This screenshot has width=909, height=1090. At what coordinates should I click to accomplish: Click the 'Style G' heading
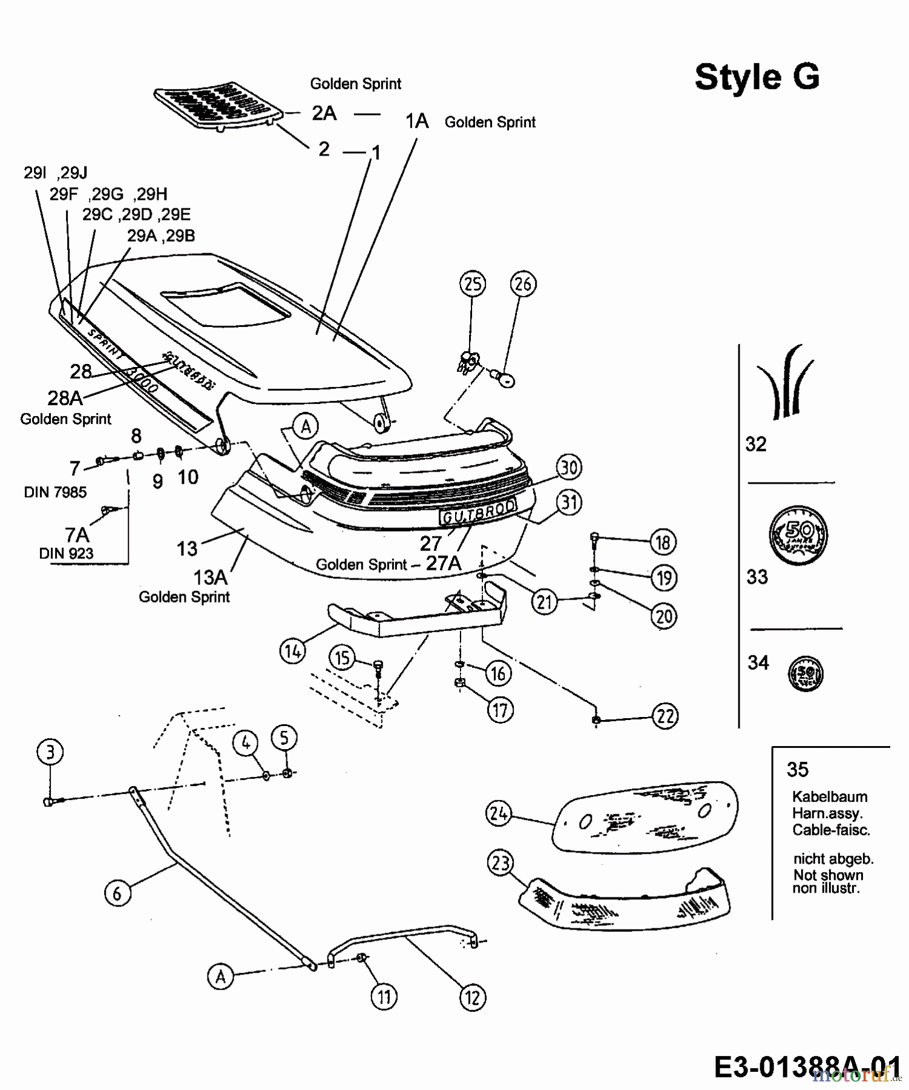click(756, 78)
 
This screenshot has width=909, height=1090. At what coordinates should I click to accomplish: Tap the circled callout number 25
click(473, 284)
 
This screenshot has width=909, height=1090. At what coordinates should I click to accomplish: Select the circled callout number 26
click(523, 284)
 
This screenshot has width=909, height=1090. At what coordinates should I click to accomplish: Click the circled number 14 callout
click(293, 652)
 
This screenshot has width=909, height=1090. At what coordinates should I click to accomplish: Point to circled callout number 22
click(665, 716)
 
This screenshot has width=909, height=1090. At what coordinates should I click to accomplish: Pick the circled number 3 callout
click(50, 753)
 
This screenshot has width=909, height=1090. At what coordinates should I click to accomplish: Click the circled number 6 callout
click(117, 893)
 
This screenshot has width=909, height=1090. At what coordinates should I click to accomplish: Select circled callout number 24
click(499, 814)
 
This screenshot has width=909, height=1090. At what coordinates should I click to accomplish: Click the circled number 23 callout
click(500, 864)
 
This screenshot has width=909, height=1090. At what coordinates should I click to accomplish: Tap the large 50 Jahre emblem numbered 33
click(798, 535)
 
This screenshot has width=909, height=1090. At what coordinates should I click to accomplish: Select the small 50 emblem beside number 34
click(806, 674)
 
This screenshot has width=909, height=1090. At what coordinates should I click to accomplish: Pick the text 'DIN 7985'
click(55, 492)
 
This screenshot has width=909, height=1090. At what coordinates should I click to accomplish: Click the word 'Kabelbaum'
click(830, 797)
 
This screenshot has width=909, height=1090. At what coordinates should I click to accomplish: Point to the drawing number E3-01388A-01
click(807, 1067)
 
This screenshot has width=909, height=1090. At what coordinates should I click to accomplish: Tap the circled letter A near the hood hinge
click(306, 427)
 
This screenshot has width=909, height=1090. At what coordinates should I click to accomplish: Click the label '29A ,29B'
click(161, 236)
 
